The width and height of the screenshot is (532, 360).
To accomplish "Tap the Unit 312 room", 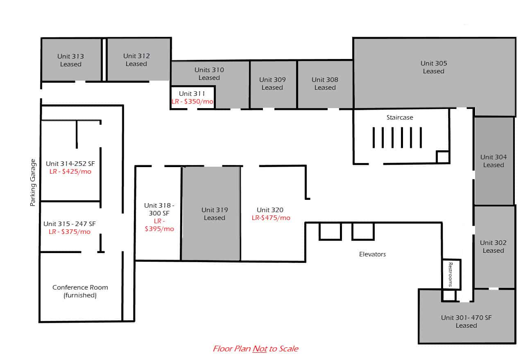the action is tap(139, 59).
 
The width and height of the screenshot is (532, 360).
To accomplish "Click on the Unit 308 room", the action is tap(325, 84).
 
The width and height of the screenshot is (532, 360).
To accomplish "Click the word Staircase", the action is tap(400, 117).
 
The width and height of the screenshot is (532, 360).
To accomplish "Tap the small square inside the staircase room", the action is tap(443, 157).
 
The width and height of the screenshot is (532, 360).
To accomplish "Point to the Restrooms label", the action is tap(451, 274).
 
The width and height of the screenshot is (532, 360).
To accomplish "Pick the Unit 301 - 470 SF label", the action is tap(466, 317).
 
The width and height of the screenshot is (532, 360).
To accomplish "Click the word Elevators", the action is tap(372, 254).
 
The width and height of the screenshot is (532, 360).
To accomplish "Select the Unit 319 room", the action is tap(211, 213).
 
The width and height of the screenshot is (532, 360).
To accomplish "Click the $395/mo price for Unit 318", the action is tap(159, 229).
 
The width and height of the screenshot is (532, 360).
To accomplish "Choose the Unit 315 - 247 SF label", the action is tap(70, 224).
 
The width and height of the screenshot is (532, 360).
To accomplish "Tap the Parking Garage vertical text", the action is tap(33, 182).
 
